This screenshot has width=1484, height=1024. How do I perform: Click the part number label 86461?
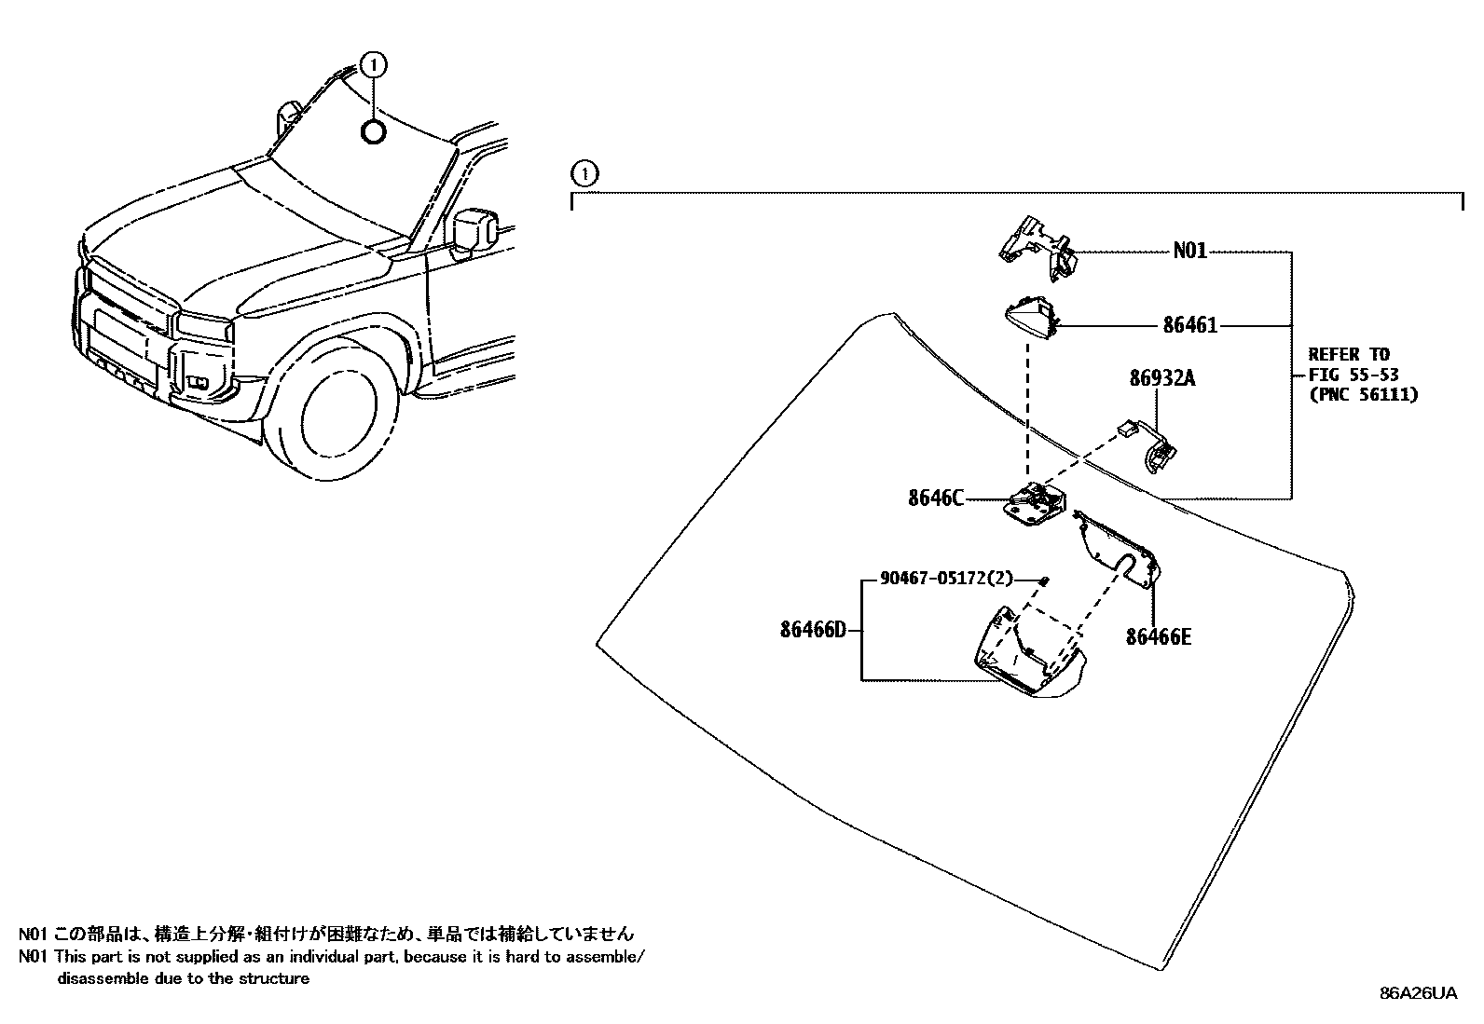click(x=1189, y=325)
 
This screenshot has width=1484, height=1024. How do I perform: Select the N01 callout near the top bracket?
click(x=1189, y=251)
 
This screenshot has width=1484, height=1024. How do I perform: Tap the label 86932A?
click(x=1161, y=378)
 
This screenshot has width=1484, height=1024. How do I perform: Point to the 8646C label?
click(x=935, y=498)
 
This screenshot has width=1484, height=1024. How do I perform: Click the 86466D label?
click(x=813, y=630)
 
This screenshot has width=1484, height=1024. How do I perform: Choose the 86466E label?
click(x=1158, y=636)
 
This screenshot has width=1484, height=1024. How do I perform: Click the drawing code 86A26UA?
click(x=1418, y=993)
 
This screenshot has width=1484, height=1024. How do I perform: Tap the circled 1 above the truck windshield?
click(x=373, y=64)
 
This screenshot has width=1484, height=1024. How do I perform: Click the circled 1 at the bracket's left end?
click(x=583, y=173)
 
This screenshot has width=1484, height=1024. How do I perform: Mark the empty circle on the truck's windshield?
click(x=373, y=132)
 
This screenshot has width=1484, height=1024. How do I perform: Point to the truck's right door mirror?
click(x=474, y=229)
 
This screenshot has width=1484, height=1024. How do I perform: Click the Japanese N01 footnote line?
click(x=326, y=934)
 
